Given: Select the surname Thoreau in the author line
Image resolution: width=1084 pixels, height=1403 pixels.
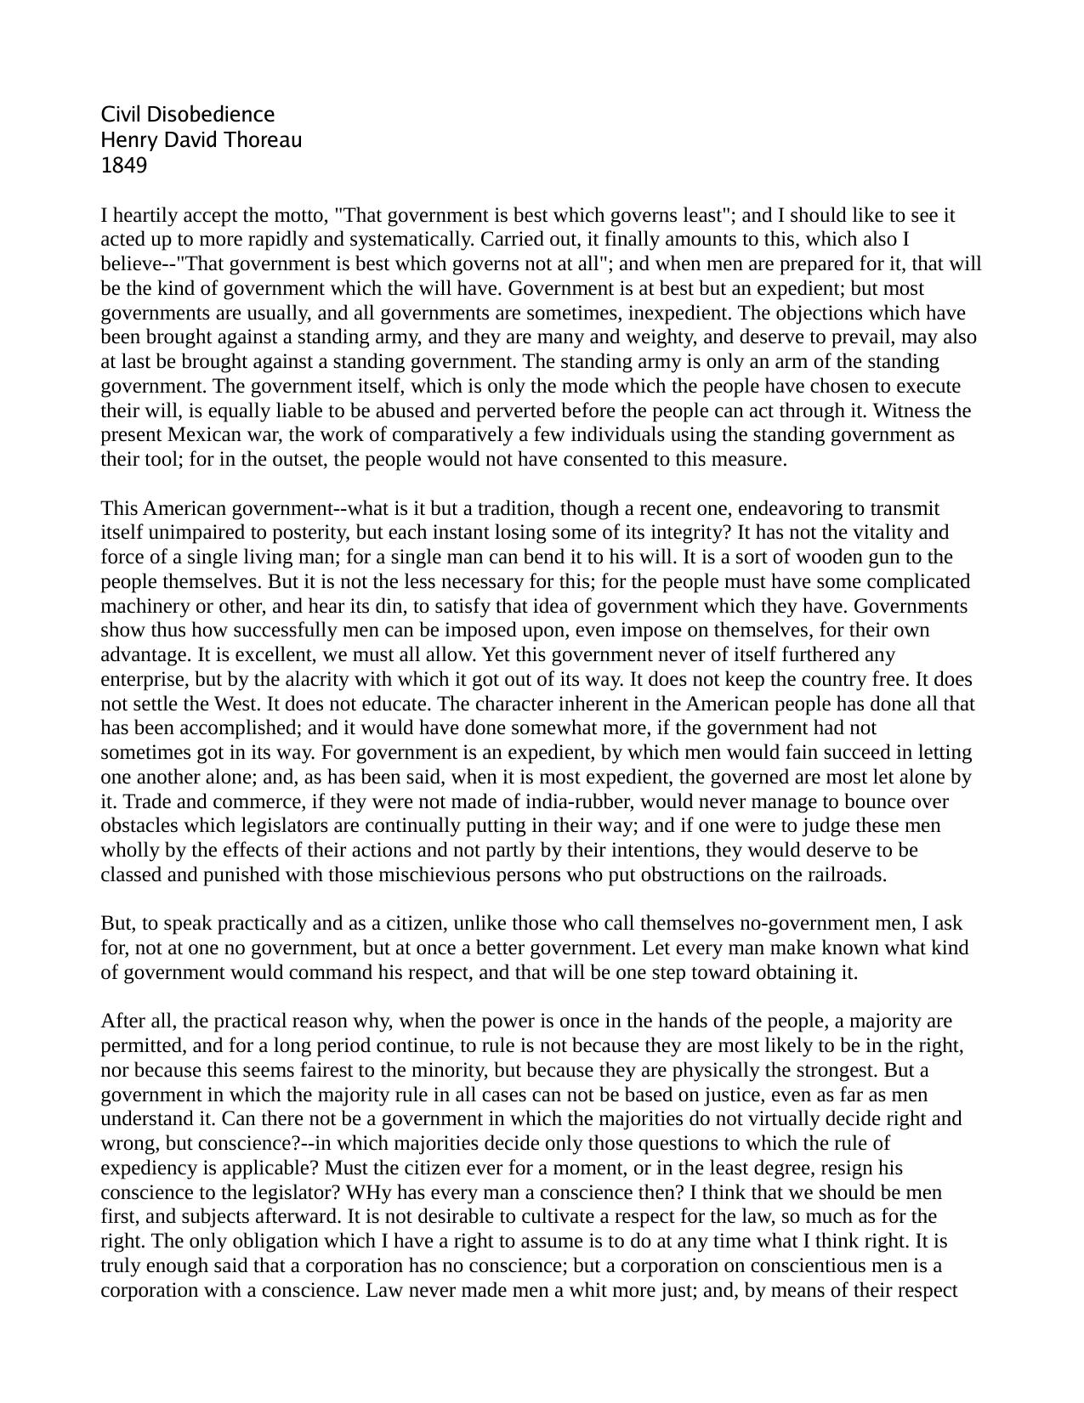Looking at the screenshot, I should point(265,140).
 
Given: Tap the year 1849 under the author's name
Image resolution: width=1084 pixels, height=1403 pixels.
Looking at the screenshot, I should point(123,166).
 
